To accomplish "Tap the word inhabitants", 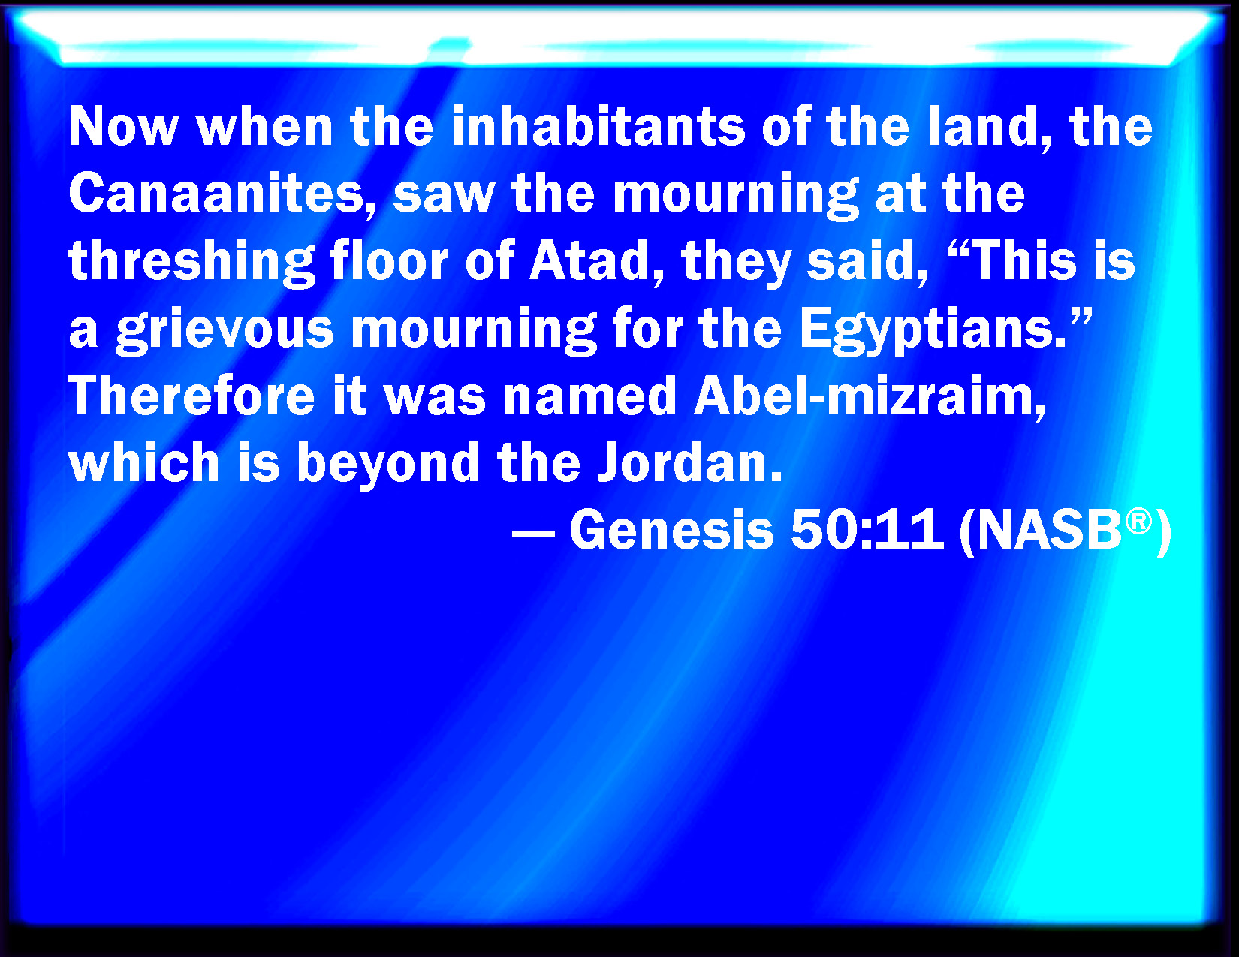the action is (x=598, y=127).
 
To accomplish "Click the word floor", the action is (x=389, y=261).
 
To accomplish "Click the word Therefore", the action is (x=191, y=397).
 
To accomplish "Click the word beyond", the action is (x=388, y=465).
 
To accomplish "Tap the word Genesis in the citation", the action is (x=671, y=530).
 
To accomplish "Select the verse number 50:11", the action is (x=867, y=530).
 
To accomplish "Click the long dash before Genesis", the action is (x=533, y=534).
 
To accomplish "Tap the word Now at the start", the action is (x=124, y=127).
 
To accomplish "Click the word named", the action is (x=589, y=397).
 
